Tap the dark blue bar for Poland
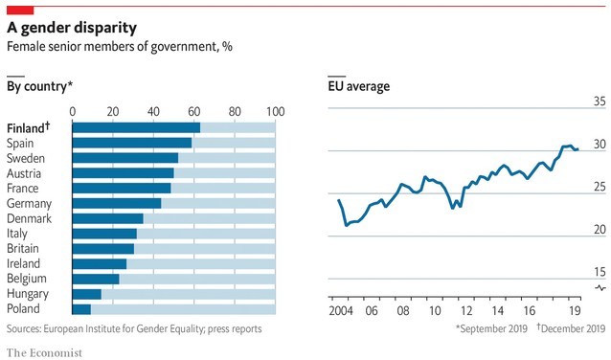coord(81,282)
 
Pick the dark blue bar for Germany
coord(116,203)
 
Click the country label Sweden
coord(25,158)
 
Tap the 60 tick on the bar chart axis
coord(194,111)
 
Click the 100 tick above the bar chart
coord(276,111)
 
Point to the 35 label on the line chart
coord(600,101)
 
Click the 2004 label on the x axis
coord(340,311)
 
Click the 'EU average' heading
coord(358,87)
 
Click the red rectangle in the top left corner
coord(20,8)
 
